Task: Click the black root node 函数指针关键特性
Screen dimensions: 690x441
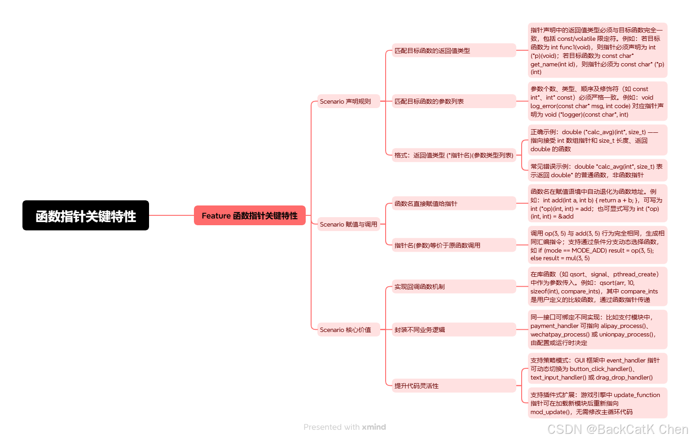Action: tap(86, 215)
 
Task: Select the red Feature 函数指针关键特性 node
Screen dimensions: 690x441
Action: tap(250, 215)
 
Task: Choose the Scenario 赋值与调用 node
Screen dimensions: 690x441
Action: tap(348, 224)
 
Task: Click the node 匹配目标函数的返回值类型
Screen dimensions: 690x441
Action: tap(453, 51)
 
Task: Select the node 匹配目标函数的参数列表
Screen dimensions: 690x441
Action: tap(453, 101)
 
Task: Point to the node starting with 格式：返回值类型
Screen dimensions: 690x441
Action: tap(453, 155)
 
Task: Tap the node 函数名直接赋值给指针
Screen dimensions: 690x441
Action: tap(453, 204)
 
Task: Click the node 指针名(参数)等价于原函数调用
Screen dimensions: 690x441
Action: tap(453, 245)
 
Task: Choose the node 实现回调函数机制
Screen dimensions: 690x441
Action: tap(453, 287)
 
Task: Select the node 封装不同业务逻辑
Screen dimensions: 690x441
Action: tap(453, 330)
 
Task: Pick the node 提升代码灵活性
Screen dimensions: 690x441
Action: tap(453, 386)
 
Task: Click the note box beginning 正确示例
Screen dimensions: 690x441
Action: tap(597, 140)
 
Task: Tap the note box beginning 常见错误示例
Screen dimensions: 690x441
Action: tap(597, 170)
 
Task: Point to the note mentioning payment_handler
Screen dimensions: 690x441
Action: tap(597, 330)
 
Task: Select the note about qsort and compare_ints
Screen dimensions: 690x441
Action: tap(597, 287)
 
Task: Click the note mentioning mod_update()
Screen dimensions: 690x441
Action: tap(597, 403)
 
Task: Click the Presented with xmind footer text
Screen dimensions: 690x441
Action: tap(344, 427)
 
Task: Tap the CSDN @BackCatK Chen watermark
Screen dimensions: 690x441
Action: tap(617, 429)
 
